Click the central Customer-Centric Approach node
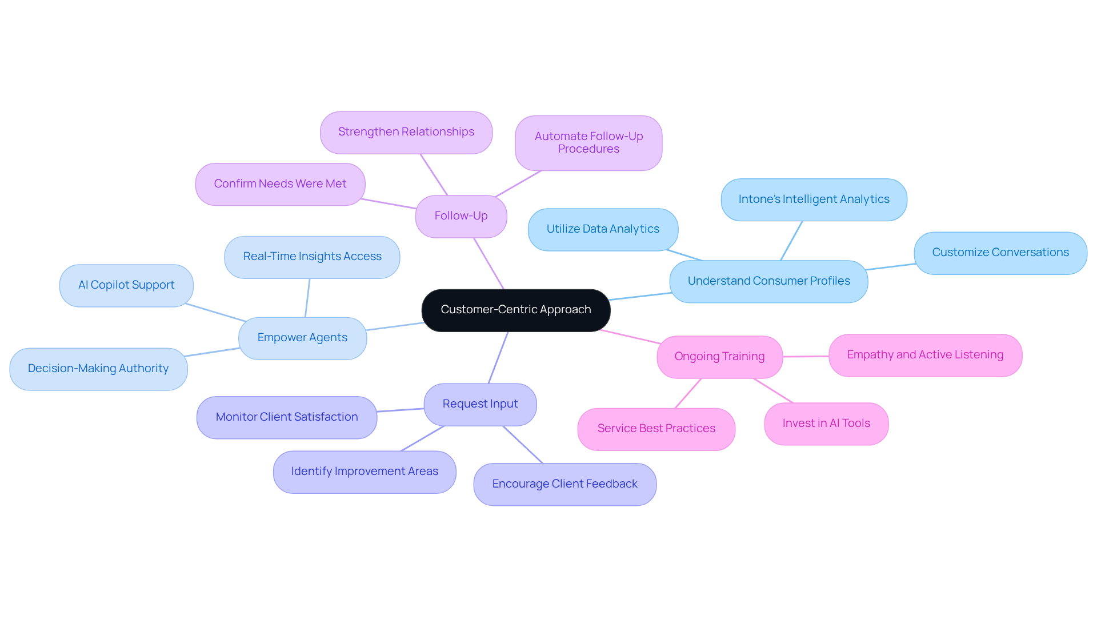coord(515,310)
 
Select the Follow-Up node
coord(461,216)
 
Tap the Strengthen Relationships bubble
coord(406,132)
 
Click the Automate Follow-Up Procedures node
coord(588,143)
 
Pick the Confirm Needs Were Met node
coord(280,184)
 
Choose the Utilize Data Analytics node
coord(603,229)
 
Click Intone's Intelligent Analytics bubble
coord(814,199)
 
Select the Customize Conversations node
coord(1000,253)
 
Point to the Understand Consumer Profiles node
coord(768,281)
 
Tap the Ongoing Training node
coord(719,357)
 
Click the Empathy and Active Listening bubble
coord(925,355)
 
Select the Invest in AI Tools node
coord(826,424)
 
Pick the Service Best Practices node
coord(656,429)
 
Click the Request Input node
coord(480,404)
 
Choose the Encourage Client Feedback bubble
coord(564,484)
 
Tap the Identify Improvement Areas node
coord(365,472)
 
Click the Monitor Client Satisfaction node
coord(287,417)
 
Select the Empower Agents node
coord(302,338)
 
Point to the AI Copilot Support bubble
coord(126,285)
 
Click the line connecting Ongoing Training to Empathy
coord(806,356)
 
